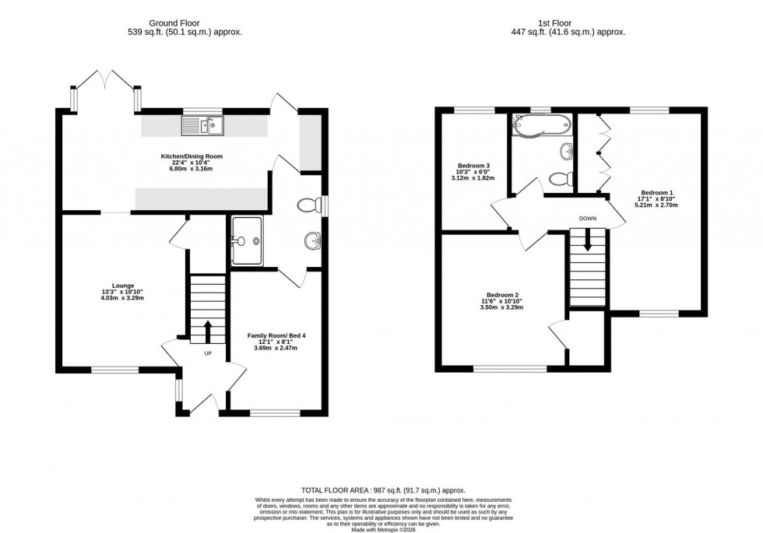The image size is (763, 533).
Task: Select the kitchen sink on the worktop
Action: (x=202, y=124)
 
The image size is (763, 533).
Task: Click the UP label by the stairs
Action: (x=208, y=353)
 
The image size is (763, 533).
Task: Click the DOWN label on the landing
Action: (x=588, y=219)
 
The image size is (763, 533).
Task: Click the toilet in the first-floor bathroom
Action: (x=558, y=178)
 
